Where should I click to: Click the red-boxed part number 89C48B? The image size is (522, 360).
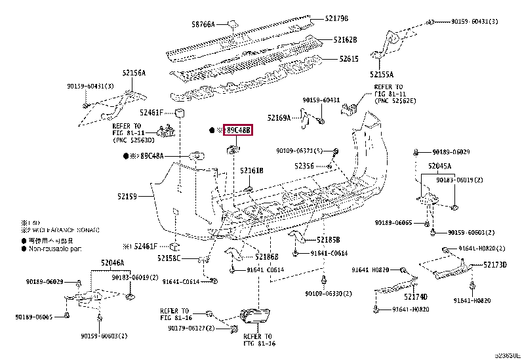point(238,130)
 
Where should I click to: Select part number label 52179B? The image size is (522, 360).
point(336,18)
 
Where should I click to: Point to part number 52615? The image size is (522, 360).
point(348,59)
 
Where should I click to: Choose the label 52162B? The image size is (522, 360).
point(344,39)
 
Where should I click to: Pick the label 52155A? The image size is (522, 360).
point(381,74)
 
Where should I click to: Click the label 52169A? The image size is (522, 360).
point(279,117)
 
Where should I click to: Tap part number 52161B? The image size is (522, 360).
point(251,170)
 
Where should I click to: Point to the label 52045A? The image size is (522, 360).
point(441,166)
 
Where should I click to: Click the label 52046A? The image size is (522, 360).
point(112,263)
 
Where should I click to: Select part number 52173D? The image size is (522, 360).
point(495,265)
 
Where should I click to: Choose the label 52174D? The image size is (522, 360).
point(415,296)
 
